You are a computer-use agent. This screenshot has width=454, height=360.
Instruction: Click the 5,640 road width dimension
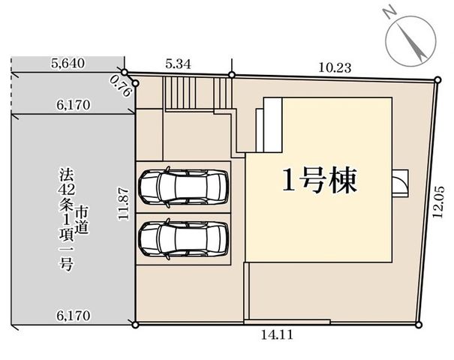click(68, 63)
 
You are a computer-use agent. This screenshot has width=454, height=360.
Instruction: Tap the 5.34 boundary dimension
click(179, 64)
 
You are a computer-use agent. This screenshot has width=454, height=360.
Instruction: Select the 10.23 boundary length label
click(335, 67)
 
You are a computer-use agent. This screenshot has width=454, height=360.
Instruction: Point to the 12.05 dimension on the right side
click(438, 202)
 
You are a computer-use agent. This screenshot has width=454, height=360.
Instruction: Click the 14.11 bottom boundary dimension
click(277, 335)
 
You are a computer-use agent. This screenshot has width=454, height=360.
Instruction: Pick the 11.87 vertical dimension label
click(124, 204)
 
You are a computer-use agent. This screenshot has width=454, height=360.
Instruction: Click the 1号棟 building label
click(320, 180)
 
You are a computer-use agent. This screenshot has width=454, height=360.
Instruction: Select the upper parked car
click(184, 187)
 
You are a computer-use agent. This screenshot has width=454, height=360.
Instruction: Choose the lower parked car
click(184, 239)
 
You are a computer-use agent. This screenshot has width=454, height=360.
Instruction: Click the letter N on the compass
click(389, 13)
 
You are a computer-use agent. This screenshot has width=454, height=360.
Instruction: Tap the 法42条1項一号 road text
click(66, 219)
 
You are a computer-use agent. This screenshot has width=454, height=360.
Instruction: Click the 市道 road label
click(82, 220)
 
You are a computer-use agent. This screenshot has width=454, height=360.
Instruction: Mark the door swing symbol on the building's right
click(401, 184)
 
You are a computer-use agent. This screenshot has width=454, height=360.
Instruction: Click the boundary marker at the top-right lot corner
click(437, 79)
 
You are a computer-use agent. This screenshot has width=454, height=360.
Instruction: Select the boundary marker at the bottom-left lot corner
click(135, 325)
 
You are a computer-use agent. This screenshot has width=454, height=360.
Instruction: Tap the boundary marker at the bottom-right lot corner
click(418, 325)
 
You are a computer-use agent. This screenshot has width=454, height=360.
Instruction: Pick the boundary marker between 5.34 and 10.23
click(232, 75)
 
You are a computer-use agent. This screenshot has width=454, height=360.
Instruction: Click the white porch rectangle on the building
click(272, 125)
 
